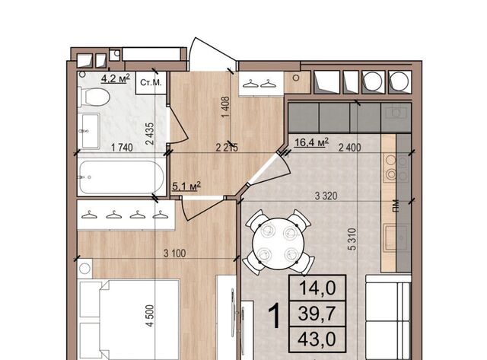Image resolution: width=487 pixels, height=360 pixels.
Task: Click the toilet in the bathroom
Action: (94, 97)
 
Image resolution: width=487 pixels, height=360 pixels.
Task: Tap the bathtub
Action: (122, 177)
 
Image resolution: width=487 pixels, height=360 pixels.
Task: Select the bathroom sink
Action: (89, 131)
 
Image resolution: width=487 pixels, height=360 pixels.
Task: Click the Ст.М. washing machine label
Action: (151, 82)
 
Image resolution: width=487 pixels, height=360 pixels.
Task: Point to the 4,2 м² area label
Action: (115, 78)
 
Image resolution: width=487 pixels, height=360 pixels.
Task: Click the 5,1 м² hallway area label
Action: (186, 186)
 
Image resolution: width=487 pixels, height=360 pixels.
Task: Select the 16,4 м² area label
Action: (311, 142)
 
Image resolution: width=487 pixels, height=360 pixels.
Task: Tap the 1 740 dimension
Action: (122, 148)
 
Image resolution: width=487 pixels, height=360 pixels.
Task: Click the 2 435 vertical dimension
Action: (150, 134)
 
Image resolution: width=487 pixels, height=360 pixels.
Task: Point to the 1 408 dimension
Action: (225, 107)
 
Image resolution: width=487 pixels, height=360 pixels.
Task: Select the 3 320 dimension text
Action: (326, 196)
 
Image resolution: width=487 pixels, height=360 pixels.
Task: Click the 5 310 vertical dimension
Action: (352, 239)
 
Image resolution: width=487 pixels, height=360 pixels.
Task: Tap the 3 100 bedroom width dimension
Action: (174, 253)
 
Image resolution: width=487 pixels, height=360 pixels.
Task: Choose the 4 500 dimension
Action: (150, 316)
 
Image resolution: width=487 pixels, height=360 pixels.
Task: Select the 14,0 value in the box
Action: (317, 288)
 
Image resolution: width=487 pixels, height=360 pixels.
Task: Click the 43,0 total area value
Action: (317, 339)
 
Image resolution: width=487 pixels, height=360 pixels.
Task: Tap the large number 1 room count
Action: (275, 316)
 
